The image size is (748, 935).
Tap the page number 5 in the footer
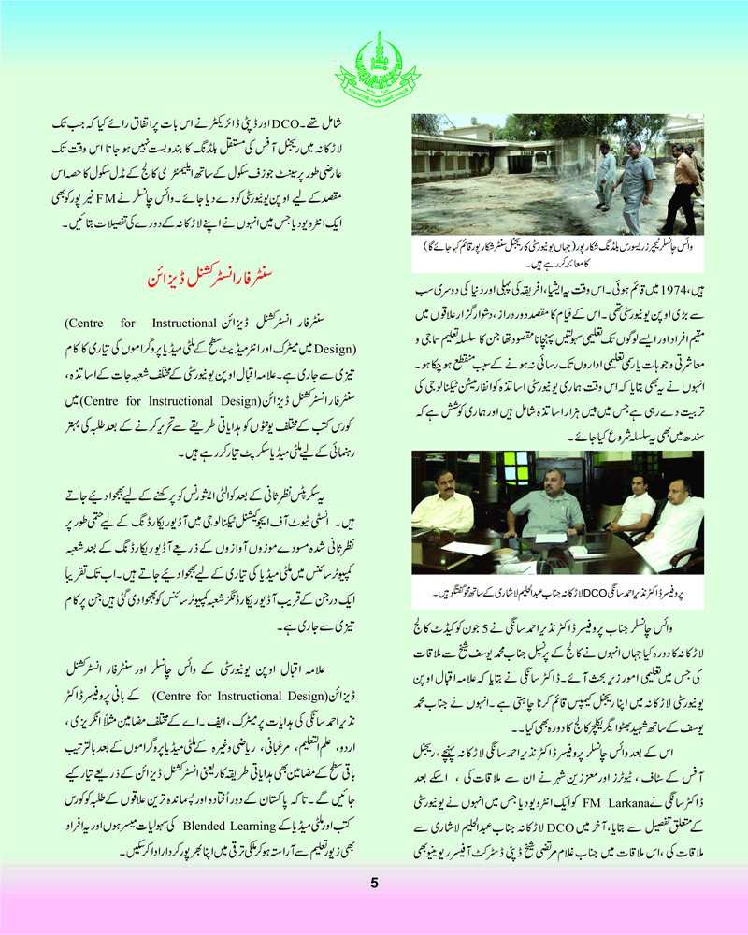point(373,882)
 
